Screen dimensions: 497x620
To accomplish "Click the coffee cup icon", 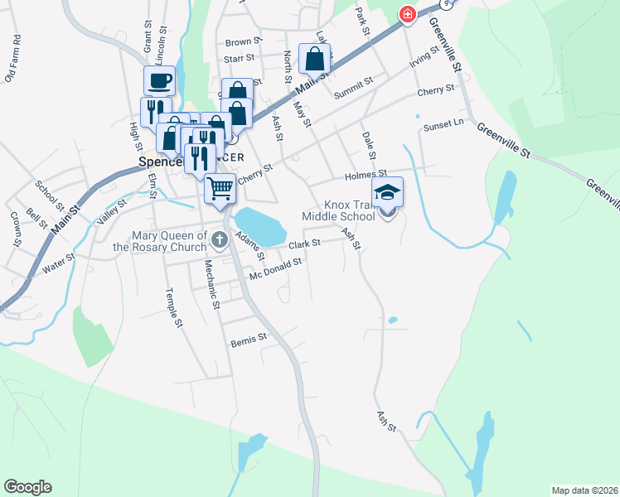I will [159, 81].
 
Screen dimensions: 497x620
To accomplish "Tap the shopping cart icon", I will [220, 188].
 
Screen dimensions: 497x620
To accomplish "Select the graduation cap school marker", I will [387, 193].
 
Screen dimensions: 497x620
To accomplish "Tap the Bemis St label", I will [249, 338].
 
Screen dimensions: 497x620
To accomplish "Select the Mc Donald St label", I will [275, 268].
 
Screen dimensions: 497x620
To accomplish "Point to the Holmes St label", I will [366, 175].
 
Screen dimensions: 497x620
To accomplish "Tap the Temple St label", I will [172, 307].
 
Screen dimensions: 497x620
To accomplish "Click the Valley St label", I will [111, 212].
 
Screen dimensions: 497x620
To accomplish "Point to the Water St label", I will [58, 263].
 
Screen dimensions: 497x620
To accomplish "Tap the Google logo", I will [27, 487].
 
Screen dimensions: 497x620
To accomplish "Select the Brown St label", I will [243, 41].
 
